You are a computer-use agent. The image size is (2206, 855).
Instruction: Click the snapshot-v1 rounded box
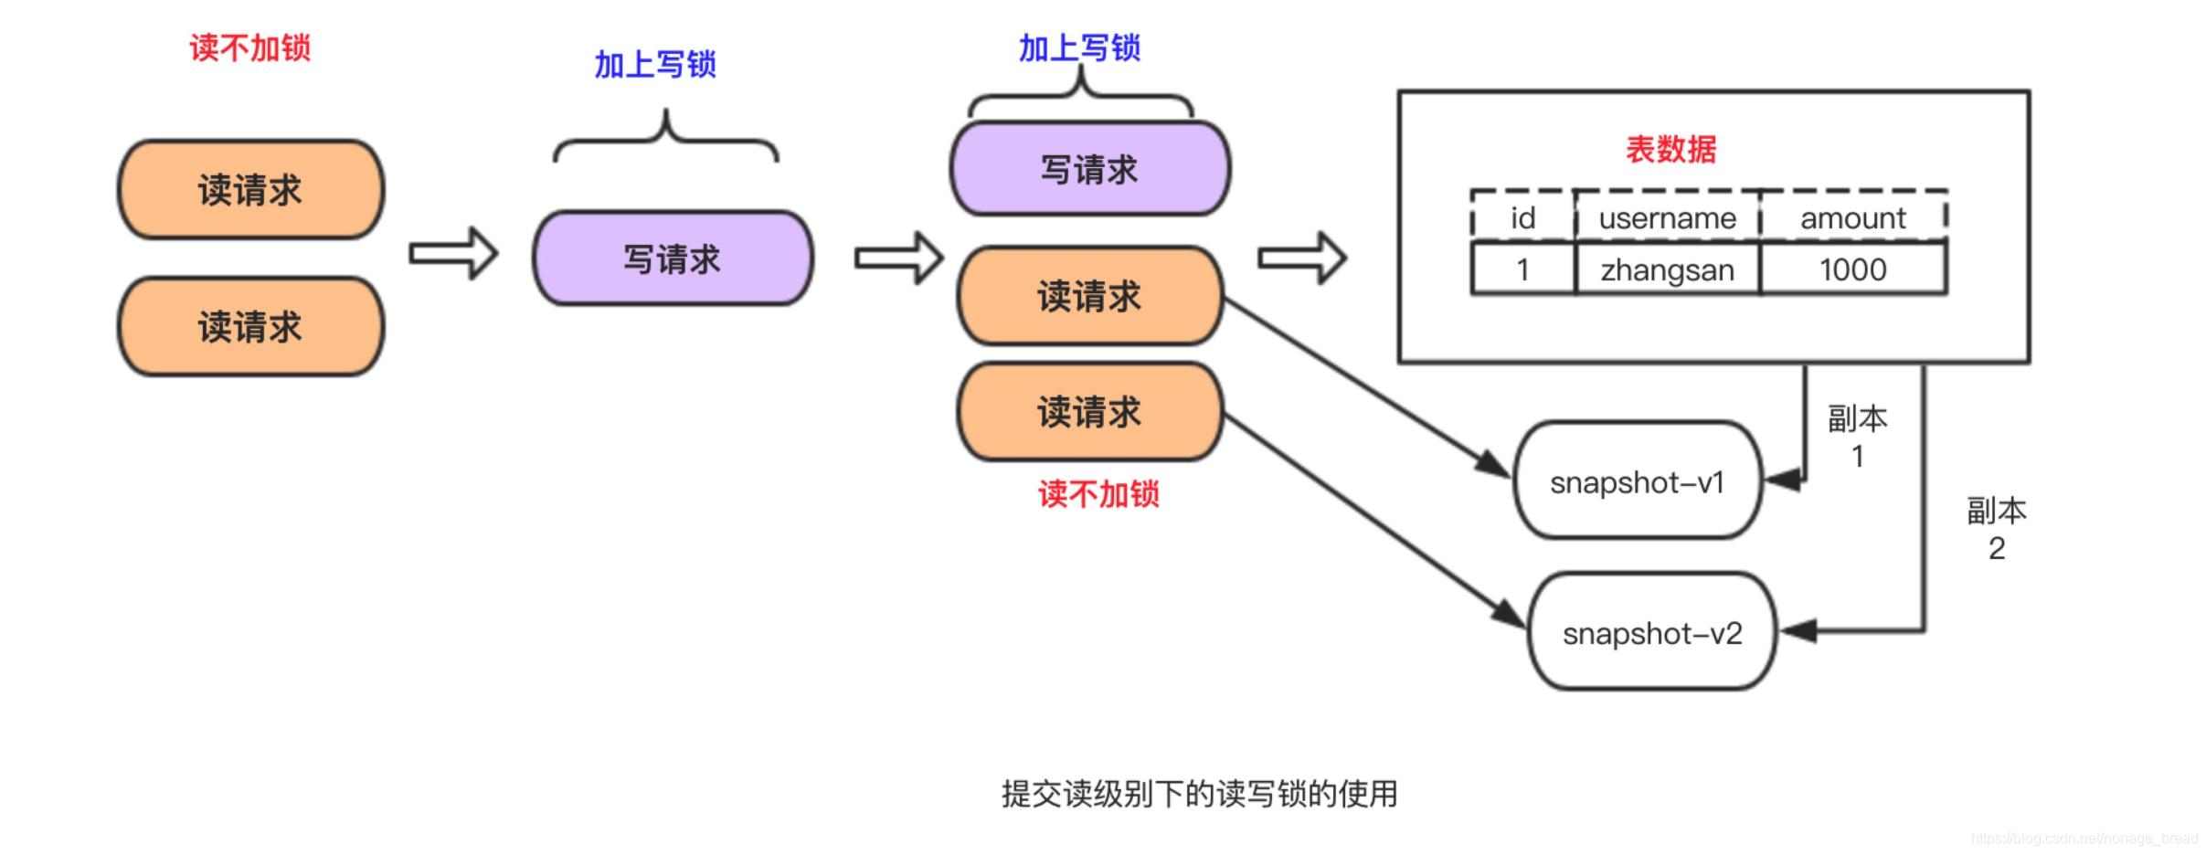(x=1637, y=481)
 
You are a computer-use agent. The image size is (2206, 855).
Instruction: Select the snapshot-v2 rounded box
(x=1651, y=632)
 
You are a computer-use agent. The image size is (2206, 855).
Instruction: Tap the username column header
(x=1667, y=218)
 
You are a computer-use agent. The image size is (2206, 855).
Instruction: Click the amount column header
(x=1852, y=218)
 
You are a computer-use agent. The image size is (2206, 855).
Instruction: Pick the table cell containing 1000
(x=1852, y=269)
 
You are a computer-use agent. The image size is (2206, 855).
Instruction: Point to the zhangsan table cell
(x=1667, y=269)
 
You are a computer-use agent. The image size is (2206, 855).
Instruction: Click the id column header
(x=1522, y=218)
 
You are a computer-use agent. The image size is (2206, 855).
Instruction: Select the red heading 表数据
(x=1670, y=149)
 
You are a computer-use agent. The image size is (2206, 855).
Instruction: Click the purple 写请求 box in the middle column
(x=673, y=259)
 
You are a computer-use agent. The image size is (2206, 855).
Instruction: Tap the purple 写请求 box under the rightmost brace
(x=1089, y=170)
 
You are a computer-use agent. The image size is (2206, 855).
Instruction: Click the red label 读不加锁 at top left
(x=249, y=47)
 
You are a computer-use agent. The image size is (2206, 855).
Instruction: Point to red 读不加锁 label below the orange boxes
(x=1098, y=494)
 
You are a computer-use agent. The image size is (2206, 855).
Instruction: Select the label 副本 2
(x=1997, y=529)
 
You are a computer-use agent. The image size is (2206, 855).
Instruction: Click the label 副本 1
(x=1857, y=437)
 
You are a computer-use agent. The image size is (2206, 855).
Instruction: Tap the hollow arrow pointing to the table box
(x=1301, y=259)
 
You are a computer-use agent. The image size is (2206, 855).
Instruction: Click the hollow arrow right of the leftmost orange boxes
(x=453, y=253)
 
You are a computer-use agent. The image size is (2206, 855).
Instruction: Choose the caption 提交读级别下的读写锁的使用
(x=1199, y=793)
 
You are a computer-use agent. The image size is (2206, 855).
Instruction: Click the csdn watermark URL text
(x=2084, y=838)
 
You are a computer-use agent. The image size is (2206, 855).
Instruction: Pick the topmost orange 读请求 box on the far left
(x=250, y=190)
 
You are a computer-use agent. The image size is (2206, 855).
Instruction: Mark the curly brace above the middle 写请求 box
(x=666, y=137)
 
